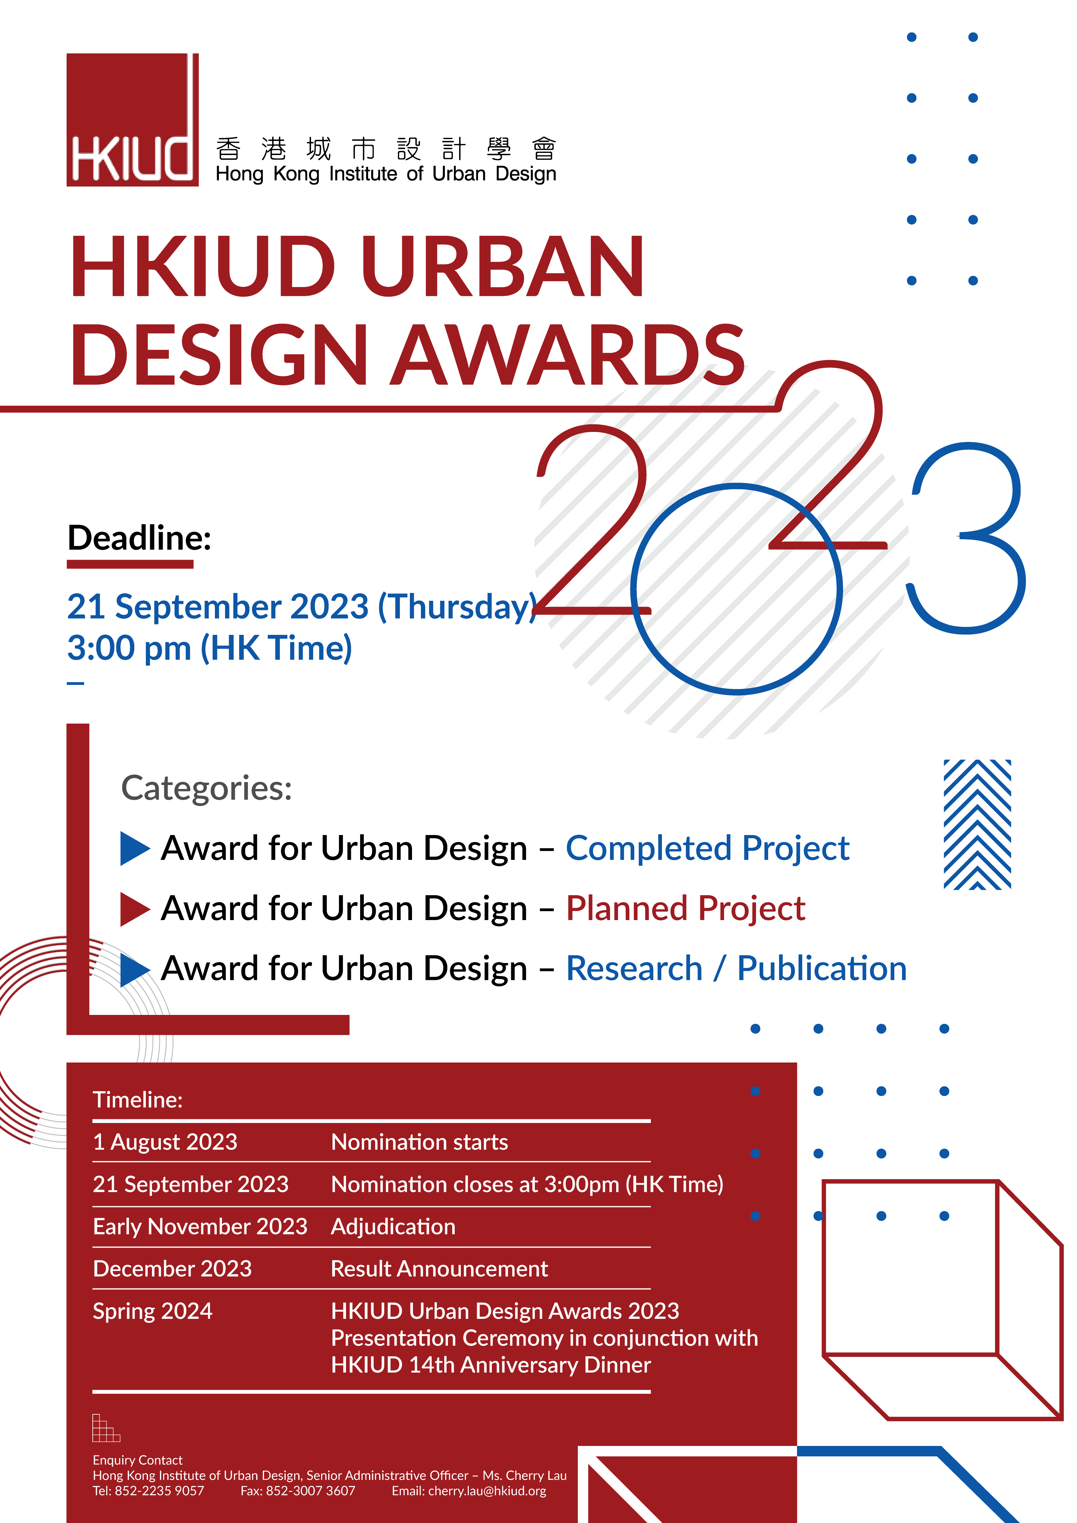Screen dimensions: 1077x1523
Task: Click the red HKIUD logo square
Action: pos(133,119)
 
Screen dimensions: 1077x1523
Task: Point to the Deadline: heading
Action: pos(139,537)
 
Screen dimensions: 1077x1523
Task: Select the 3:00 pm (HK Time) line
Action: pos(210,648)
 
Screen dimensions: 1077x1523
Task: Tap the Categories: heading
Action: pos(206,788)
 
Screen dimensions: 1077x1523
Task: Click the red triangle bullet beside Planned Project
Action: pos(134,909)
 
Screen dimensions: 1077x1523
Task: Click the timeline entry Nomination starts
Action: pos(419,1142)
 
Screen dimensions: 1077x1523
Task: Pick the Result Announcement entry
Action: pos(439,1268)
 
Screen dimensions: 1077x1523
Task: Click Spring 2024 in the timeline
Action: pos(153,1311)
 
